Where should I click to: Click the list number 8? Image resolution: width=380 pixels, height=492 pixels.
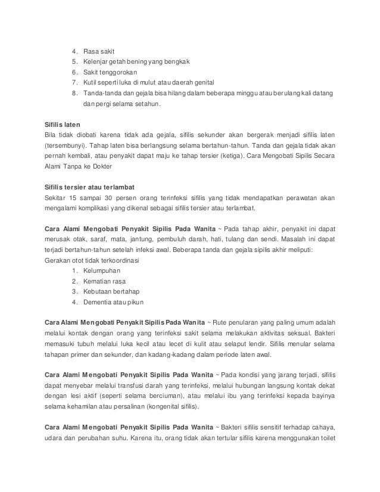click(x=73, y=93)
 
